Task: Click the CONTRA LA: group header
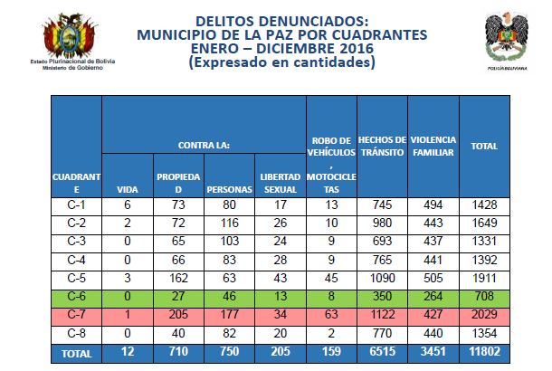[x=203, y=145]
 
